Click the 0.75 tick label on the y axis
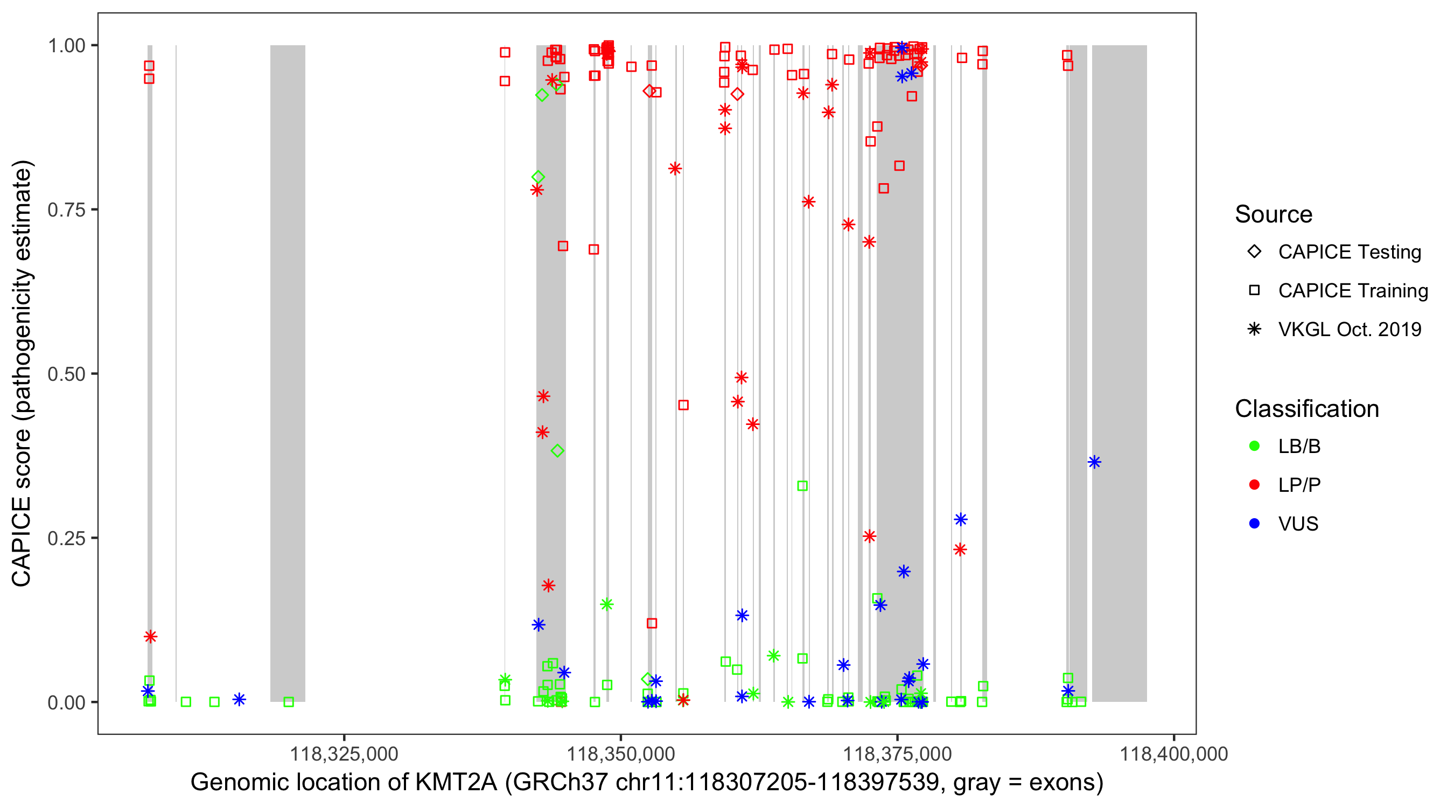(x=66, y=210)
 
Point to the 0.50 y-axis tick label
(x=66, y=374)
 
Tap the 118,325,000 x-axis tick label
(x=344, y=754)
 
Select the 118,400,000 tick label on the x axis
(x=1173, y=754)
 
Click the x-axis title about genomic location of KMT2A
(x=647, y=783)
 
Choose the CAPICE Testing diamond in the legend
(x=1254, y=251)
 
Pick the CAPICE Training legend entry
(x=1254, y=290)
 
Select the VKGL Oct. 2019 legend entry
(x=1254, y=329)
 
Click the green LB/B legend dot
(x=1254, y=446)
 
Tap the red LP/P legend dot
(x=1254, y=485)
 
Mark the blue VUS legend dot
(x=1254, y=524)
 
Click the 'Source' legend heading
(x=1274, y=214)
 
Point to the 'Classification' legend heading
(x=1306, y=409)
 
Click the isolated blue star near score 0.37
(x=1094, y=462)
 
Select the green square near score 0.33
(x=802, y=485)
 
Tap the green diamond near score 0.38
(x=558, y=450)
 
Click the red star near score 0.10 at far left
(x=150, y=636)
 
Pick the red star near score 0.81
(x=675, y=168)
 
